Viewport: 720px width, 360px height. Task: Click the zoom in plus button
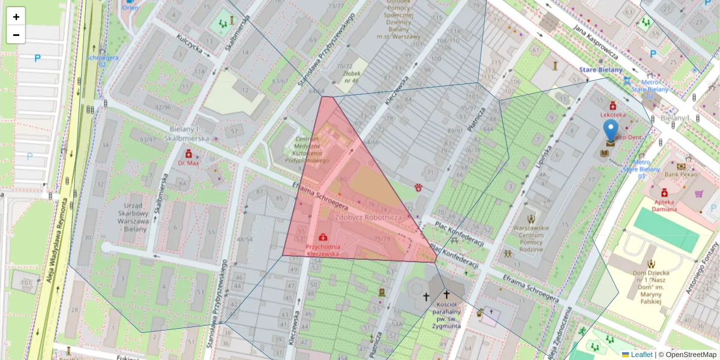[x=16, y=17]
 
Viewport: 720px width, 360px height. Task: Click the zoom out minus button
[x=16, y=35]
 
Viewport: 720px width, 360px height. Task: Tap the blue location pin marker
[x=610, y=131]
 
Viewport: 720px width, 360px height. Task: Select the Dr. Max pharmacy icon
[x=188, y=154]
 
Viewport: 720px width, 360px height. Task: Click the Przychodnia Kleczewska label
[x=323, y=250]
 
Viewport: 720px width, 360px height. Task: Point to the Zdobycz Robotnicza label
[x=368, y=217]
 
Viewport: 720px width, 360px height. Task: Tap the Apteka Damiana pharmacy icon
[x=664, y=193]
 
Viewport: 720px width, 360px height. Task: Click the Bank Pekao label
[x=682, y=174]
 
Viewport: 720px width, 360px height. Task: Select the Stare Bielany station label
[x=600, y=70]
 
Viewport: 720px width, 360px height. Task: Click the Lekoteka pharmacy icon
[x=612, y=105]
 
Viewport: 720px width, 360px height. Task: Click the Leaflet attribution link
[x=641, y=355]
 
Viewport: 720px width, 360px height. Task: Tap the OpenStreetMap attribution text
[x=691, y=355]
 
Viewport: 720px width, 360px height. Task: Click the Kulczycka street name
[x=190, y=44]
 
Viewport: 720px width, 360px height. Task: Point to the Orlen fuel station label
[x=129, y=7]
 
